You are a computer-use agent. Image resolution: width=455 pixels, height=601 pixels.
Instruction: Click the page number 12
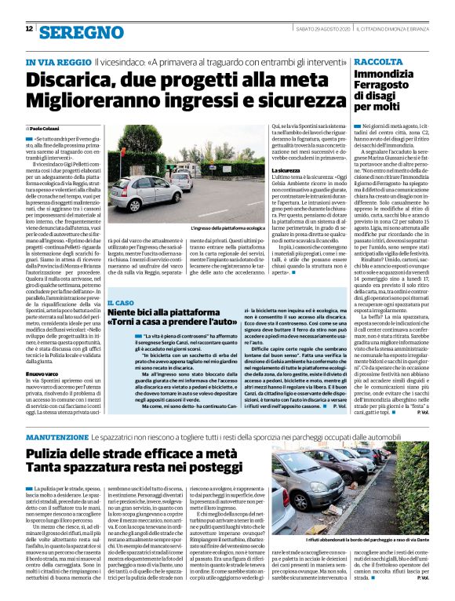point(29,29)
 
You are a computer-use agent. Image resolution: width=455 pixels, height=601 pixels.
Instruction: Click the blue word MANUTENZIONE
point(57,435)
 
